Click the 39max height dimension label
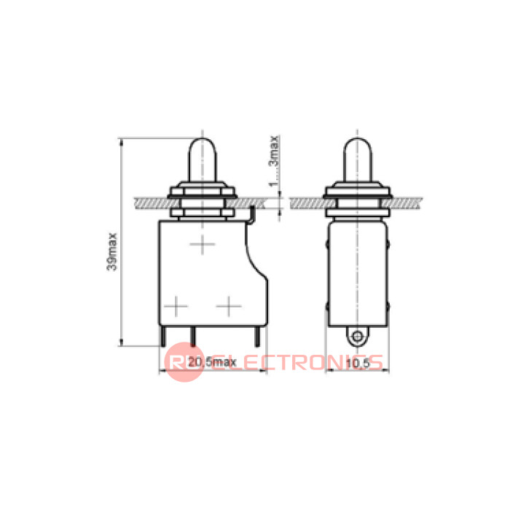tap(112, 251)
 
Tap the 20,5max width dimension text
tap(212, 362)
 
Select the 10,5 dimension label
tap(358, 363)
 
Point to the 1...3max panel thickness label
tap(274, 161)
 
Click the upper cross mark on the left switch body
tap(203, 244)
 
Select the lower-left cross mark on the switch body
tap(176, 306)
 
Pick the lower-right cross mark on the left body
tap(229, 306)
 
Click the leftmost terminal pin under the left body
tap(163, 337)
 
